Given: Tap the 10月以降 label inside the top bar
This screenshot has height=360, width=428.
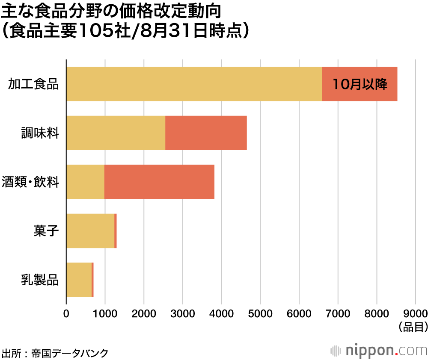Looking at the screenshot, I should (360, 84).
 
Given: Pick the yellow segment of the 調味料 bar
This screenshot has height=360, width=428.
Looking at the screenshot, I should (116, 133).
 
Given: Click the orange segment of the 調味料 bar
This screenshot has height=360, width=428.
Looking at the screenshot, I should (206, 133).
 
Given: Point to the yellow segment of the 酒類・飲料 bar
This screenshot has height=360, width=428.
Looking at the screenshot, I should (85, 182).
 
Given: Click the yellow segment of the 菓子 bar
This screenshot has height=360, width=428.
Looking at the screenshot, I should (90, 231).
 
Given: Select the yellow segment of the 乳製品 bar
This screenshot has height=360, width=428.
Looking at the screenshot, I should (79, 280).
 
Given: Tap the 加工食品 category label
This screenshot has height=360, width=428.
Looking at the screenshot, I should (33, 84).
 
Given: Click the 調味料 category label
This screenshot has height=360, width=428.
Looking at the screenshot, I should (40, 133).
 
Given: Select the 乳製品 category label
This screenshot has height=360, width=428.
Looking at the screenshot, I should (40, 280).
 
